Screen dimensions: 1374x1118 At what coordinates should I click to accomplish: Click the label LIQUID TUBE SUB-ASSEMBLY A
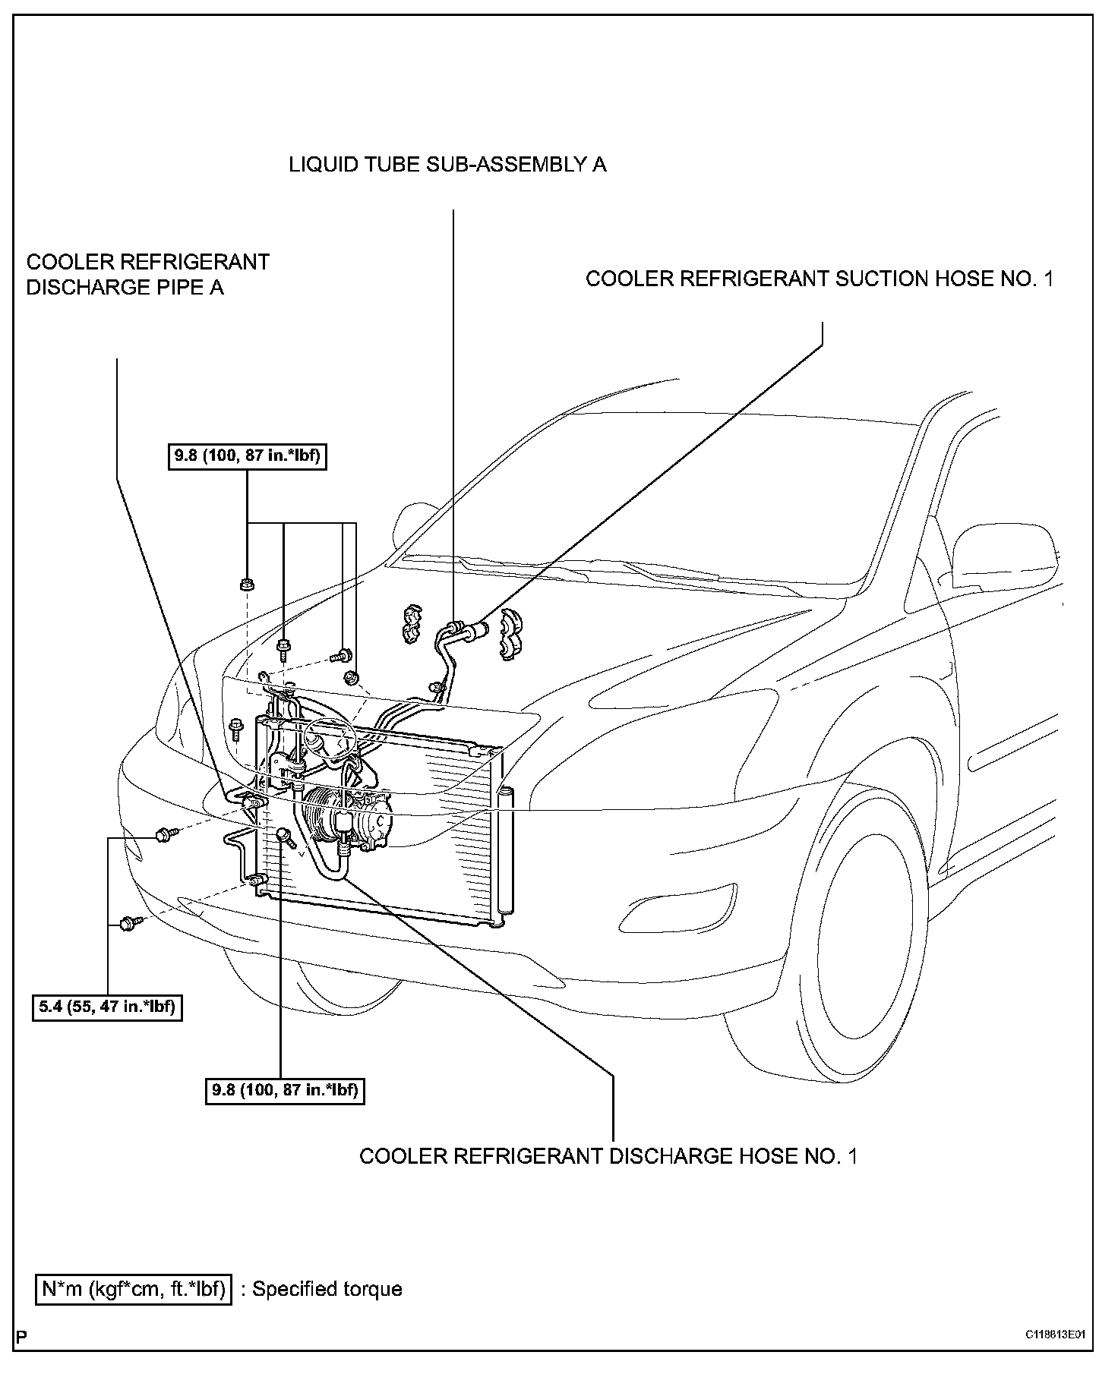[x=447, y=164]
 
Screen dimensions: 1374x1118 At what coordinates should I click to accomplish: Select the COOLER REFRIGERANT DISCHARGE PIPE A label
[x=147, y=275]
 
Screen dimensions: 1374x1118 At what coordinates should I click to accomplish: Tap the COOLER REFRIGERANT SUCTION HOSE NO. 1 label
[x=820, y=279]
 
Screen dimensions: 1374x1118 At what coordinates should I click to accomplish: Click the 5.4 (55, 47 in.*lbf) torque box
[x=107, y=1008]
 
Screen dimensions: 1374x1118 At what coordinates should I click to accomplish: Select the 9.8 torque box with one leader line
[x=285, y=1090]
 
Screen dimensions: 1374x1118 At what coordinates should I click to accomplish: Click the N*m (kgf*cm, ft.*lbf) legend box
[x=134, y=1288]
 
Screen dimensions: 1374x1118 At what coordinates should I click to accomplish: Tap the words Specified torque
[x=327, y=1289]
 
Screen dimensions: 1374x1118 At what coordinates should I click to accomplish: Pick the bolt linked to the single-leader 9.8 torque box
[x=285, y=836]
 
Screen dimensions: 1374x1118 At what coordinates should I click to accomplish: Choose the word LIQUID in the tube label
[x=317, y=164]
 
